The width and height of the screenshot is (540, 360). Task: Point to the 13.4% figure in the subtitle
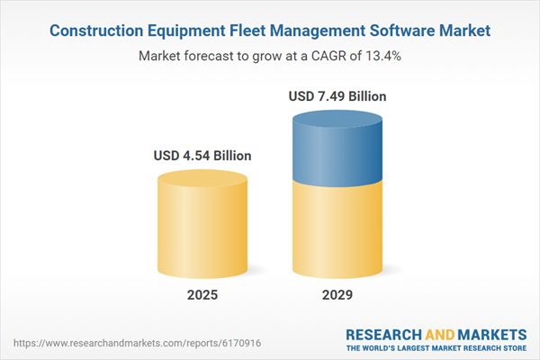coord(381,56)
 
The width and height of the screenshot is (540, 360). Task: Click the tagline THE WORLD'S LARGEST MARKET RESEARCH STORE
coord(436,347)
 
